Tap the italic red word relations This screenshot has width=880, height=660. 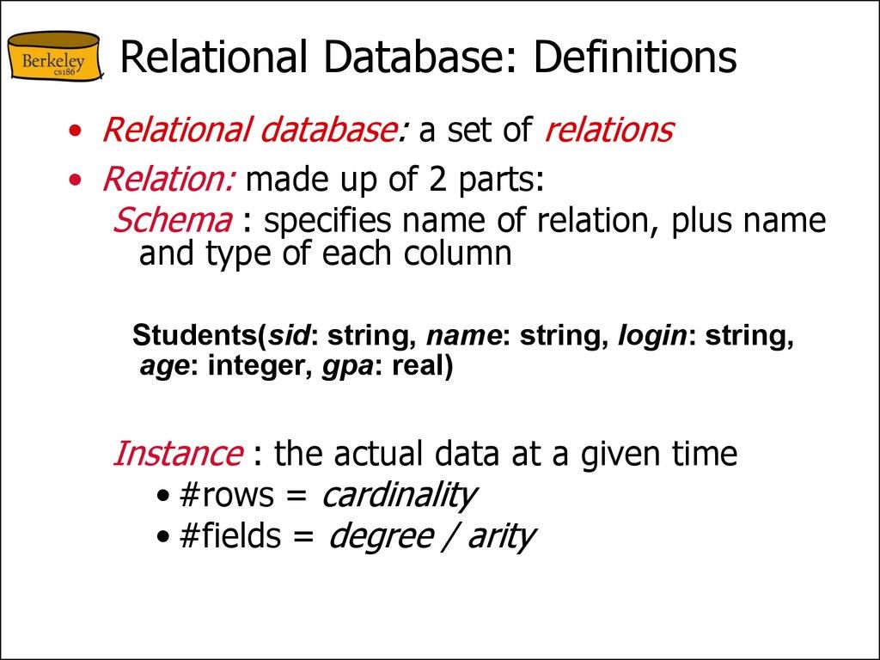(608, 130)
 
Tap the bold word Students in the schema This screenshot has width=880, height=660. (194, 335)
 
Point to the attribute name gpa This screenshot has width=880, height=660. (340, 367)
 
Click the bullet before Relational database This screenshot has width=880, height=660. (78, 131)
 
